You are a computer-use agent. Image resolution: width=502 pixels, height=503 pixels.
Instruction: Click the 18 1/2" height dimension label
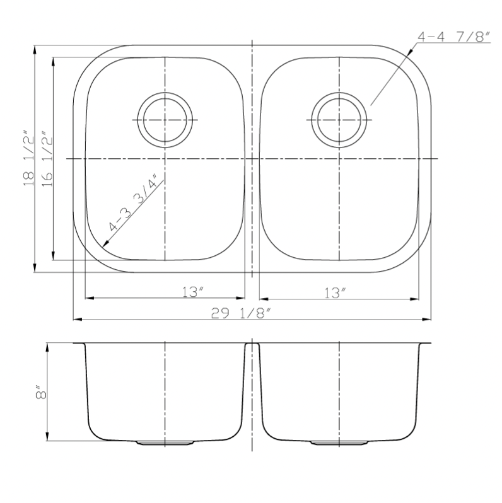[28, 158]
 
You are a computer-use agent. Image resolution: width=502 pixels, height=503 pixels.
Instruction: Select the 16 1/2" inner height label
[47, 159]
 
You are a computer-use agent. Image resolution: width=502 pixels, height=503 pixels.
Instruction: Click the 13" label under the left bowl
[193, 292]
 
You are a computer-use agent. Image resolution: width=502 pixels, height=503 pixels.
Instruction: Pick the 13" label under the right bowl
[335, 292]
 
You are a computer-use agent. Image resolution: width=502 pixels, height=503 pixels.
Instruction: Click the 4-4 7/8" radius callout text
[454, 37]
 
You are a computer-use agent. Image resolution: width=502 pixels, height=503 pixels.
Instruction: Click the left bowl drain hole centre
[165, 120]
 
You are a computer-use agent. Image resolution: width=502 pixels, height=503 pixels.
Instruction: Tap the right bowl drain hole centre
[339, 120]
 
